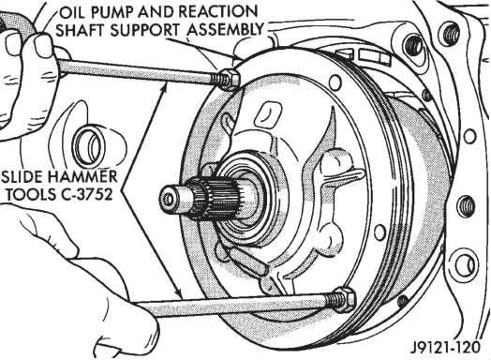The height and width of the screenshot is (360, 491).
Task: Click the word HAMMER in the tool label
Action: pyautogui.click(x=82, y=176)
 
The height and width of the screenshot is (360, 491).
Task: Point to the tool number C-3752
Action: pyautogui.click(x=84, y=195)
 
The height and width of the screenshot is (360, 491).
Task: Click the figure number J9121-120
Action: pyautogui.click(x=445, y=347)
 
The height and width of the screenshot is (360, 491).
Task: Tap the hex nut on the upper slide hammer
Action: pyautogui.click(x=231, y=81)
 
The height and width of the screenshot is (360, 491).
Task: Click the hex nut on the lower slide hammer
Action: pyautogui.click(x=345, y=299)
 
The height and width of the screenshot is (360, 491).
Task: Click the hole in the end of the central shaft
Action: pyautogui.click(x=169, y=200)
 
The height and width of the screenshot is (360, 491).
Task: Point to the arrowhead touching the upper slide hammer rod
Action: pyautogui.click(x=164, y=89)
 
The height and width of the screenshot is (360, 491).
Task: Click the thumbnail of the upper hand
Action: pyautogui.click(x=43, y=45)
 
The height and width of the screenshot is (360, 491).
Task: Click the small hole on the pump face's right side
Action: pyautogui.click(x=380, y=232)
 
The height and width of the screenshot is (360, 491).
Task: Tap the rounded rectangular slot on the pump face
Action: pyautogui.click(x=268, y=115)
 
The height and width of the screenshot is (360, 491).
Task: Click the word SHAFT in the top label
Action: pyautogui.click(x=82, y=30)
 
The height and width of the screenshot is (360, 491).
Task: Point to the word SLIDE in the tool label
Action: pyautogui.click(x=22, y=176)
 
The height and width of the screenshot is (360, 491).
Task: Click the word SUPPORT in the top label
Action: pyautogui.click(x=146, y=30)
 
